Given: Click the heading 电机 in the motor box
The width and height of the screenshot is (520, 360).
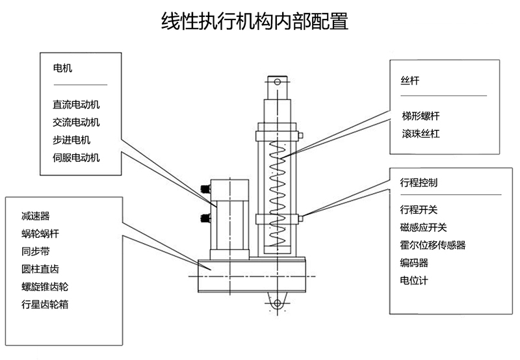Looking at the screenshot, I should (x=62, y=67).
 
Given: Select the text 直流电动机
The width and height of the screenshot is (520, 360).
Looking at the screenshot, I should (x=77, y=104).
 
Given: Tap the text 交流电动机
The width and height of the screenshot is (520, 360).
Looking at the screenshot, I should (x=77, y=122).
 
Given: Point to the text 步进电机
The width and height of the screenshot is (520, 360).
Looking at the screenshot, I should (x=72, y=139).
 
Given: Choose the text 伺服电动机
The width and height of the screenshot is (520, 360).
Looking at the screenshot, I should (x=77, y=157).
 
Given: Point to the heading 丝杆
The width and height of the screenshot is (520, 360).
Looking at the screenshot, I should (x=410, y=81).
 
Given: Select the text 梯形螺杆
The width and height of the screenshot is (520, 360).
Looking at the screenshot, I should (x=421, y=116).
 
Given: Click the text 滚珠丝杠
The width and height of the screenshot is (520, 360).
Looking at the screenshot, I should (x=421, y=135).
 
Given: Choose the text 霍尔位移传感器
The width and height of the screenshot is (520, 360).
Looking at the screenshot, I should (x=433, y=245).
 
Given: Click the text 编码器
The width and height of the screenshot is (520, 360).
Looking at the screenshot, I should (x=414, y=263).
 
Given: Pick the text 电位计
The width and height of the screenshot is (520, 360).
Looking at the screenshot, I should (x=414, y=281).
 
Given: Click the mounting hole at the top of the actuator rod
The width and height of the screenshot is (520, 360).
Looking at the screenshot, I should (x=277, y=81).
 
